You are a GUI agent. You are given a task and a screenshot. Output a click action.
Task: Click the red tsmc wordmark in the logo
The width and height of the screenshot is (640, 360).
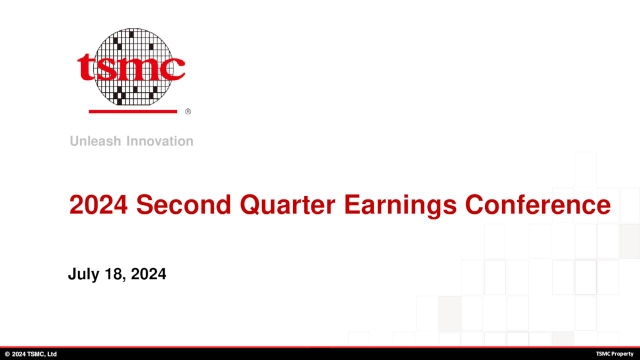tap(131, 67)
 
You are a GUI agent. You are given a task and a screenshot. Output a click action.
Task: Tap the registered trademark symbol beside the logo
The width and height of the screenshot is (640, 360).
tap(188, 111)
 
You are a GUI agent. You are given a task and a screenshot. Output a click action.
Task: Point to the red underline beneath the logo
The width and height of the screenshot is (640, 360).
tap(133, 111)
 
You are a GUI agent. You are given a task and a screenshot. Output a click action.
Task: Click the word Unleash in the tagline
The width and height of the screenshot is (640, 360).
tap(96, 141)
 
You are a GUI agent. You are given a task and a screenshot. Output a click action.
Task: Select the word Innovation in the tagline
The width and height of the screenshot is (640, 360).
tap(160, 141)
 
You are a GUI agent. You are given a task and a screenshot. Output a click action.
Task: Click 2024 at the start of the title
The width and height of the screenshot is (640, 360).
tap(98, 204)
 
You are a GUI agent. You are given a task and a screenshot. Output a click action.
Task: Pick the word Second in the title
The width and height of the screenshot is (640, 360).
tap(184, 204)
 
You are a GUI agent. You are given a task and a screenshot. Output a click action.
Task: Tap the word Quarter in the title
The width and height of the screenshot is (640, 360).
tap(287, 204)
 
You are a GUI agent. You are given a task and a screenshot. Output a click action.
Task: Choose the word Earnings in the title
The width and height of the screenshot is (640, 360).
tap(400, 205)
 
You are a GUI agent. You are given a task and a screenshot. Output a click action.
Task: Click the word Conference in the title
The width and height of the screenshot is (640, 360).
tap(538, 204)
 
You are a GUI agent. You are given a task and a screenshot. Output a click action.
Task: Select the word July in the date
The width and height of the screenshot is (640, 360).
tap(84, 274)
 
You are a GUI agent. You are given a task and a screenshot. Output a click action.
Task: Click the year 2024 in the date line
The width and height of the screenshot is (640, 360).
tap(149, 273)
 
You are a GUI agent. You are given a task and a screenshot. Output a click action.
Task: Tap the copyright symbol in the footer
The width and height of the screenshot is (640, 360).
tap(7, 354)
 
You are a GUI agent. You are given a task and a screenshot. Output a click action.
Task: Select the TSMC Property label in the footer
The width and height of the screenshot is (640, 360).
tap(615, 354)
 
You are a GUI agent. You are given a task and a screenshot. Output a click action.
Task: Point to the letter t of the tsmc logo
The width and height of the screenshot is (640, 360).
tap(84, 67)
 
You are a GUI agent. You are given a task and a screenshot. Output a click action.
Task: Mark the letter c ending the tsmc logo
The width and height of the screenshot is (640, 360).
tap(174, 69)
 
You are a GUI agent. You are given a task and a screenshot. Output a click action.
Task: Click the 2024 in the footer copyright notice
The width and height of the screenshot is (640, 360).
tap(18, 354)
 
